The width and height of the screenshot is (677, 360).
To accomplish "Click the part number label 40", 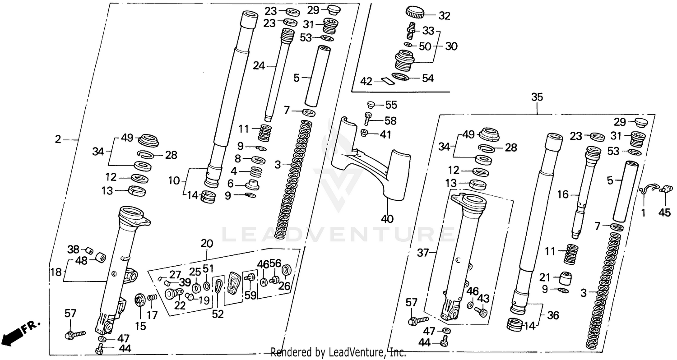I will [x=387, y=219].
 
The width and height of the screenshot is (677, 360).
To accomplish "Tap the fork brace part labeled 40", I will [x=370, y=162].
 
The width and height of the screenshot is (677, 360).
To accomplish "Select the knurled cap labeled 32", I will [x=417, y=12].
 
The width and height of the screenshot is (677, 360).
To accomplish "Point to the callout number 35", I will [x=537, y=97].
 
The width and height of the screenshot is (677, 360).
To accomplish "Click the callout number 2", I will [x=58, y=140].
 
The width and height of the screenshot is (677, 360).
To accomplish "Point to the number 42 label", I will [x=367, y=81].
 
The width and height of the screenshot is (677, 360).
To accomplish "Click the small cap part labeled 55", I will [x=371, y=105].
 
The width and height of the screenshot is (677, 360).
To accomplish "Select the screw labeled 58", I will [x=367, y=120].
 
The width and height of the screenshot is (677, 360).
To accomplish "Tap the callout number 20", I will [x=207, y=244].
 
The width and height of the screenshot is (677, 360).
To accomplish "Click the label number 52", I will [x=218, y=314].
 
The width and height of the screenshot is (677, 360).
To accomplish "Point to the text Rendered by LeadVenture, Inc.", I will [x=338, y=352].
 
